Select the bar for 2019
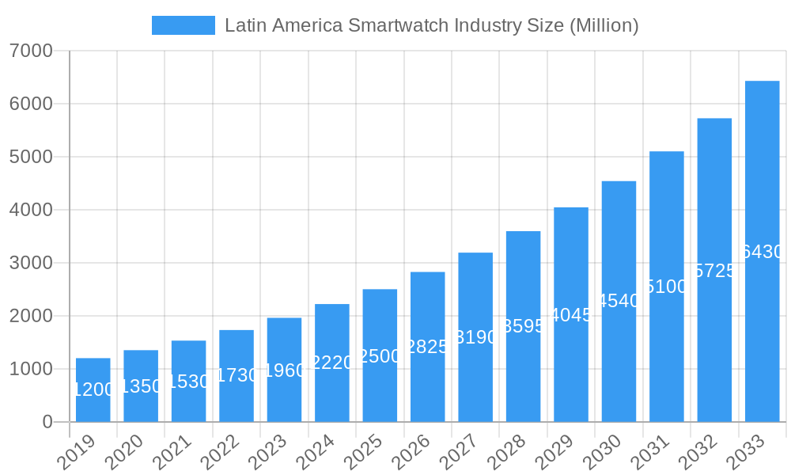93,389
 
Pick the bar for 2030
619,301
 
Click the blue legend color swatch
183,25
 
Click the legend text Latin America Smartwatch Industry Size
431,25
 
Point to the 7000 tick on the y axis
31,51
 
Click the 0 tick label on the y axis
47,422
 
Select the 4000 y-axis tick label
31,210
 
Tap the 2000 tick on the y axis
31,316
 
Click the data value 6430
762,252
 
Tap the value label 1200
93,389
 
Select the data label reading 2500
380,356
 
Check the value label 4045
571,315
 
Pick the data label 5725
714,271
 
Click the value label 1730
237,375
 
